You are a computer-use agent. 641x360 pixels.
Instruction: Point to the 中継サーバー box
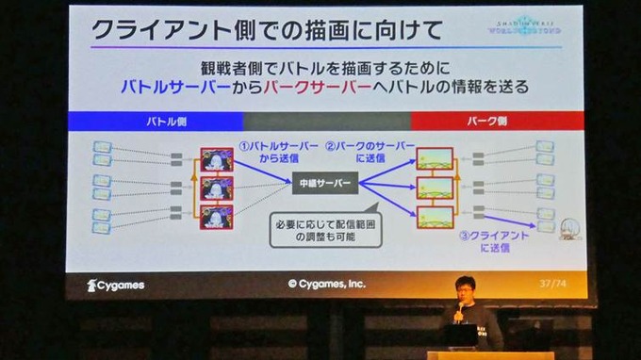[x=324, y=182]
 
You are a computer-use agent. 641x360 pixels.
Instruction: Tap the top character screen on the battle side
[x=217, y=159]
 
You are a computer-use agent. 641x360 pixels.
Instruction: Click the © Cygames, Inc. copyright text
[x=326, y=284]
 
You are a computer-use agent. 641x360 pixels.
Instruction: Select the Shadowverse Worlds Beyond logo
[x=531, y=26]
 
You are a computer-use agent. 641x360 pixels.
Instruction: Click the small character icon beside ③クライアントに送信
[x=569, y=229]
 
